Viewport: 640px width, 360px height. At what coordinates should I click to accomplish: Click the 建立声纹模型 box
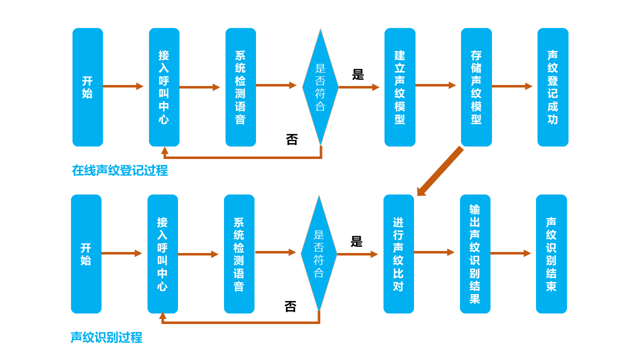[x=399, y=87]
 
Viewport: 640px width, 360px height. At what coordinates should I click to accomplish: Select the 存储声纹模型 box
[x=476, y=87]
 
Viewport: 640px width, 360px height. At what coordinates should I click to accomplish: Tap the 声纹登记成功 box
[x=553, y=87]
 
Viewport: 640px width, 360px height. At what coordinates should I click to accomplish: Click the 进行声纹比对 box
[x=398, y=254]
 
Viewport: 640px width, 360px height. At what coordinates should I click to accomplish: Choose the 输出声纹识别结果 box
[x=475, y=254]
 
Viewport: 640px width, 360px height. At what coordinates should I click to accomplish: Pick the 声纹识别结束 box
[x=551, y=254]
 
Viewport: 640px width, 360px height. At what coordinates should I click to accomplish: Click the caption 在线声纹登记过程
[x=120, y=170]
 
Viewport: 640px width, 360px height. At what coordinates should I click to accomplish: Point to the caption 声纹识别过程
[x=106, y=337]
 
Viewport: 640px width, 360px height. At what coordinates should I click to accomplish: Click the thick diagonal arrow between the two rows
[x=440, y=171]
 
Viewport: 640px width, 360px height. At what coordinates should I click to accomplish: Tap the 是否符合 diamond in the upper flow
[x=320, y=87]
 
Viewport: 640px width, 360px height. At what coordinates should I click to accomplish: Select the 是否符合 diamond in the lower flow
[x=319, y=253]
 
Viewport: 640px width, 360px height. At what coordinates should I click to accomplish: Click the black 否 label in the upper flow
[x=291, y=139]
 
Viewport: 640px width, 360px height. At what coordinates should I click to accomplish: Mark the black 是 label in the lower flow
[x=356, y=241]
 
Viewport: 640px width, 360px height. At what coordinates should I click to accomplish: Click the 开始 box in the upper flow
[x=87, y=87]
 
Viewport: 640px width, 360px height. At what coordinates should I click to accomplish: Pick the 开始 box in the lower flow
[x=86, y=254]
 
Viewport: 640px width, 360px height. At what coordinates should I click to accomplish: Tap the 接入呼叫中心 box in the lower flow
[x=163, y=254]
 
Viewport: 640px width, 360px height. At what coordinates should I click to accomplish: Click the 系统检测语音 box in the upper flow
[x=240, y=87]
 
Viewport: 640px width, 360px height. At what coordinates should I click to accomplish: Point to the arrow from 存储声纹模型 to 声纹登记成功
[x=512, y=86]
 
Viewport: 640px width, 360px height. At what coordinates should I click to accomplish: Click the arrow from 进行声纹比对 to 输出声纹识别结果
[x=434, y=252]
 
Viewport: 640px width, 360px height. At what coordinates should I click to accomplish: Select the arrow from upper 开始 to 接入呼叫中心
[x=123, y=86]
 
